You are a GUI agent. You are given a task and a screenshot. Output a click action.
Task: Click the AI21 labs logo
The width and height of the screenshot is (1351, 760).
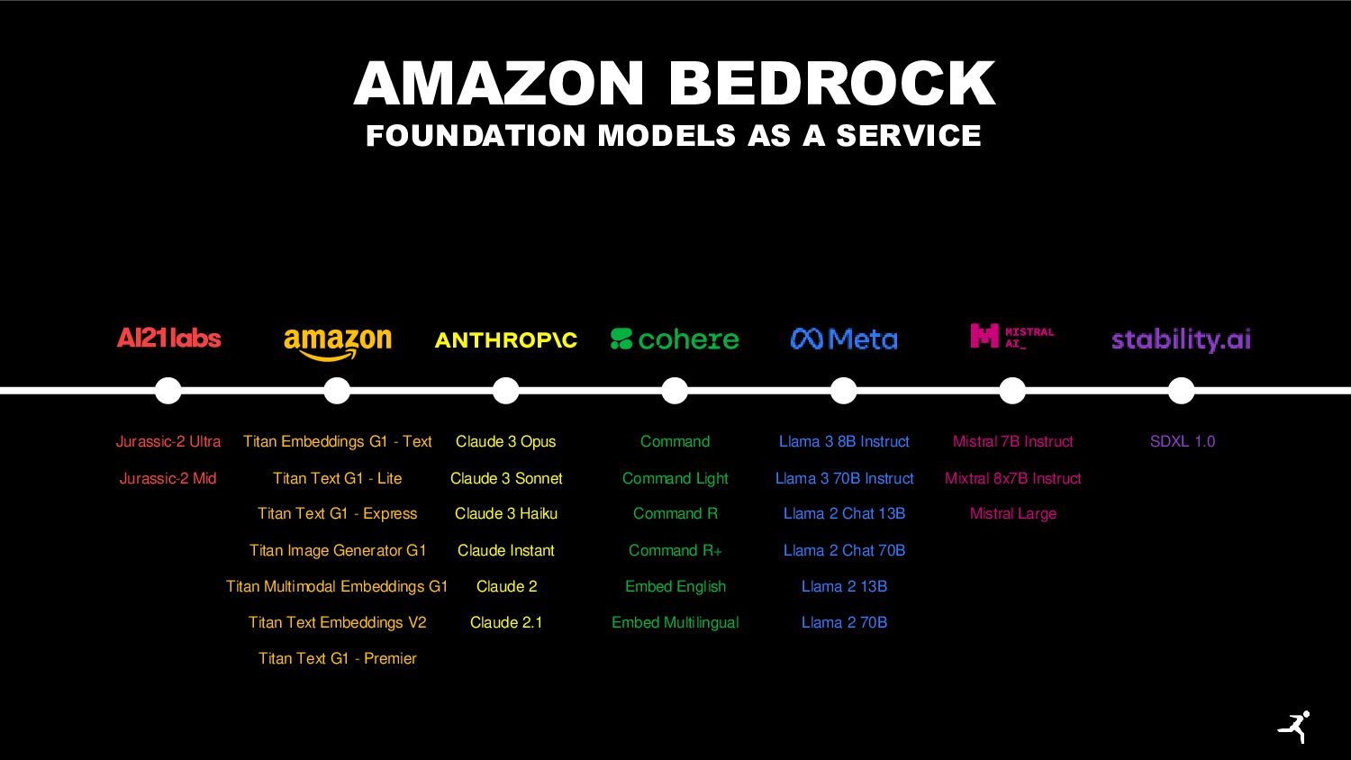point(168,339)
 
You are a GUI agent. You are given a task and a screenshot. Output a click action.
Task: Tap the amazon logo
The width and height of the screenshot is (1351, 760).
point(338,342)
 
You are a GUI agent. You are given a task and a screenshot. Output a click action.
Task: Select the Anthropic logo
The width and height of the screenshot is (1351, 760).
point(506,340)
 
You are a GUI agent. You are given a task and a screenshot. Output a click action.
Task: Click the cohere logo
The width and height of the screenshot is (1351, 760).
point(675,339)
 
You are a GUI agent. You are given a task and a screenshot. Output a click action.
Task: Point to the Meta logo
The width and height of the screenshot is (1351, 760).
point(844,339)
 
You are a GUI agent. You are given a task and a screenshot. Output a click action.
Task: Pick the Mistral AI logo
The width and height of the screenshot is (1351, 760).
point(1011,337)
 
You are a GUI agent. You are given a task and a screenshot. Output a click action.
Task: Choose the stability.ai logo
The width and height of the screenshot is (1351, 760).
point(1181,339)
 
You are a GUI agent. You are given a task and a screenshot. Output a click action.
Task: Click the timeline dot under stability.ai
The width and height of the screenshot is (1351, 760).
point(1181,391)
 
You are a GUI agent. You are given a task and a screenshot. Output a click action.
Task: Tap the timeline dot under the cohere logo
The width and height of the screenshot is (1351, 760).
point(675,391)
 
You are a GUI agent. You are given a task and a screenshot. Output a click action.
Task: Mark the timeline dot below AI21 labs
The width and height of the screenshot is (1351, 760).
point(168,391)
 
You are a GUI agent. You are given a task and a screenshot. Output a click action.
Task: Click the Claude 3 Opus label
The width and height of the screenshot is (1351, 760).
point(505,441)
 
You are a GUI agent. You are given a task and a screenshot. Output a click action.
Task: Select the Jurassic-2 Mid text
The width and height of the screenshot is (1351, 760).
point(168,478)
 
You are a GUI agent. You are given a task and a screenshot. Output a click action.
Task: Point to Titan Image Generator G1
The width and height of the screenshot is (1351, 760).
point(338,550)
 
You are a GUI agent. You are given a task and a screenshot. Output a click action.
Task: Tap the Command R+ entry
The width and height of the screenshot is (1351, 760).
point(675,550)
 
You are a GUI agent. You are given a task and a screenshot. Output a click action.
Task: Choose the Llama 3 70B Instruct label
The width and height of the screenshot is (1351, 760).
point(844,478)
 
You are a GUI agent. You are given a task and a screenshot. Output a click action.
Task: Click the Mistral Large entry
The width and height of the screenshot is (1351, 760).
point(1012,513)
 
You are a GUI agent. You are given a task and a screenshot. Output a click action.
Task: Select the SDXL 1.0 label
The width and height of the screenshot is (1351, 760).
point(1182,441)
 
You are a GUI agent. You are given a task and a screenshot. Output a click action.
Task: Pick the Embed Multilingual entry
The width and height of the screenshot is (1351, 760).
point(675,622)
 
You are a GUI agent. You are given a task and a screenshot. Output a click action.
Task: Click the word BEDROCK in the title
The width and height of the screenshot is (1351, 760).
point(831,84)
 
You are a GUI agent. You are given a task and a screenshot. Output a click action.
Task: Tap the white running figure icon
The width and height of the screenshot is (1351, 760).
point(1294,727)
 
